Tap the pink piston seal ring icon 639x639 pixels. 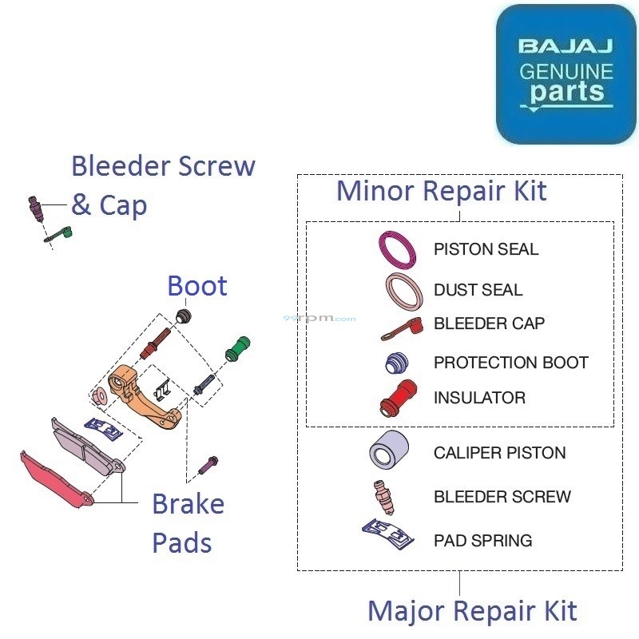[x=397, y=248]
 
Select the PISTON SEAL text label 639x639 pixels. [x=486, y=249]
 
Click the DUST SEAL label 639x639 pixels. [x=478, y=290]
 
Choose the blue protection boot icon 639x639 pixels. [x=397, y=364]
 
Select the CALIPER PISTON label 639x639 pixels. [x=499, y=453]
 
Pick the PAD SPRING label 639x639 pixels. [x=482, y=541]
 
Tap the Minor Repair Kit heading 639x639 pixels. [x=441, y=192]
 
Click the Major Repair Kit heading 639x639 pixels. [x=471, y=612]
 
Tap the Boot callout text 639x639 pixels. [x=197, y=286]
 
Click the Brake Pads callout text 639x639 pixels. [x=188, y=524]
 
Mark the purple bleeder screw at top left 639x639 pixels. [x=36, y=209]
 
